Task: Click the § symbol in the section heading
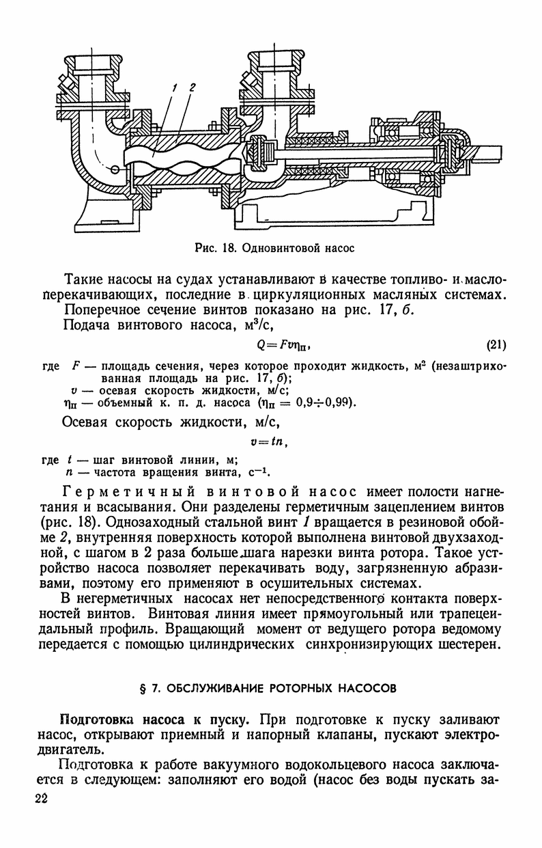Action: pyautogui.click(x=152, y=688)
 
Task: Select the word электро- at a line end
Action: pyautogui.click(x=472, y=735)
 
